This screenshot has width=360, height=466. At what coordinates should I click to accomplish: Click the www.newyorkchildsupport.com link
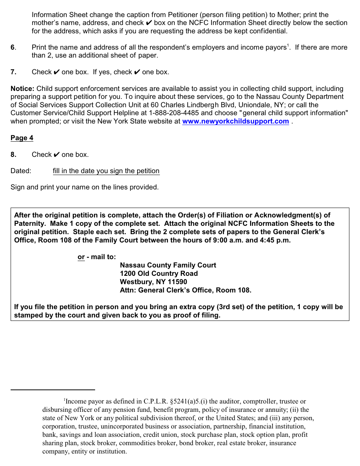coord(235,121)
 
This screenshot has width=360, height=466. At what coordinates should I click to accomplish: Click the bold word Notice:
coord(22,89)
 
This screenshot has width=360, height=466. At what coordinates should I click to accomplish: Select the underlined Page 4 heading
coord(22,138)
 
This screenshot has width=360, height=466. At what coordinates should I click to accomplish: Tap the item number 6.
coord(13,47)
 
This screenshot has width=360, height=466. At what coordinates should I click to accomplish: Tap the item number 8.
coord(13,155)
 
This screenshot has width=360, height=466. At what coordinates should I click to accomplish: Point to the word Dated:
coord(21,171)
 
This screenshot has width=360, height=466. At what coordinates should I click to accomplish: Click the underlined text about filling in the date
coord(106,171)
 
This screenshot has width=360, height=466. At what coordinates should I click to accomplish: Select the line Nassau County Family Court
coord(168,265)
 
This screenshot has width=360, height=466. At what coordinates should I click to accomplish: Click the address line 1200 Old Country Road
coord(159,274)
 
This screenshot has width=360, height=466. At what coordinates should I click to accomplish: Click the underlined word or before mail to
coord(81,257)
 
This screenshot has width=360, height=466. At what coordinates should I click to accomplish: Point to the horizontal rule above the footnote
coord(53,389)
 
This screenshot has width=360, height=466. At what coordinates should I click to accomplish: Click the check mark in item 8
coord(56,155)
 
